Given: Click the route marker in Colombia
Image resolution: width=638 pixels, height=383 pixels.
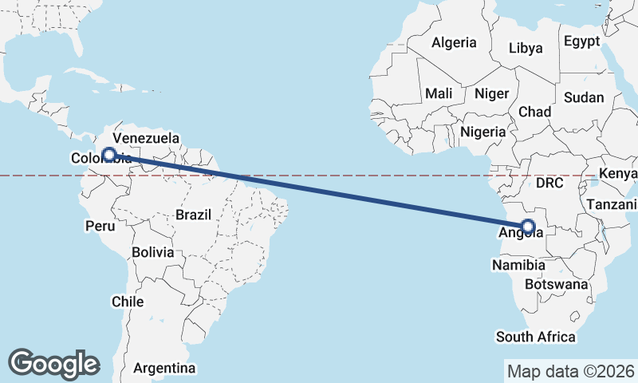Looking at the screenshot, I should coord(110,155).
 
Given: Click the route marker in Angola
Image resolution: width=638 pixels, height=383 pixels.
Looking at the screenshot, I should coord(527,226).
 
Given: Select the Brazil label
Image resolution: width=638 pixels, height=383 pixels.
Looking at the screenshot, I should coord(193,215).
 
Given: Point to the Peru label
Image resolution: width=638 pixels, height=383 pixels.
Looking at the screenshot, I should coord(100,227).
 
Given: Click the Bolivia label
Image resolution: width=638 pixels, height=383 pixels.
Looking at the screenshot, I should coord(152,252).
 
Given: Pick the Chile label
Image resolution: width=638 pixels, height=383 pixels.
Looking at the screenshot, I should coord(128,302).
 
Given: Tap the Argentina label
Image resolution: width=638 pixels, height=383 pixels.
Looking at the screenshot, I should coord(164,369).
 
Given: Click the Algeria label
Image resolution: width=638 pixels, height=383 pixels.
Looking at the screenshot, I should coord(454,42).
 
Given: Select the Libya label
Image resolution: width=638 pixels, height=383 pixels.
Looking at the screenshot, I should coord(526,48).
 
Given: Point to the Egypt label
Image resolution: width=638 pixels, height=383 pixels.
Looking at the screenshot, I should coord(582,41).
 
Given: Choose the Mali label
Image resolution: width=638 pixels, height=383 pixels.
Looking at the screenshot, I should coord(439,93).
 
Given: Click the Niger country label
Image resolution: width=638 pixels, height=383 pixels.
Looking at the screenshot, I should coord(491,93).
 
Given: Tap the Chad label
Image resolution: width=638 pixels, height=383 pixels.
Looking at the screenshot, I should coord(534,112).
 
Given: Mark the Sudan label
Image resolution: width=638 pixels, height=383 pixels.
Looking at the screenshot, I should coord(584,97).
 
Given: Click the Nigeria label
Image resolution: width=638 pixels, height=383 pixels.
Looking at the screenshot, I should coord(483,132).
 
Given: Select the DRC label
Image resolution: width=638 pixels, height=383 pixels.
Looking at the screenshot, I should coord(549,183).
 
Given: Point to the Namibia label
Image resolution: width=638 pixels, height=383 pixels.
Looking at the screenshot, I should coord(518,265).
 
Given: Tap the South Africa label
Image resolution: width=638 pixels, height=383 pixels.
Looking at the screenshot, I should coord(535,337).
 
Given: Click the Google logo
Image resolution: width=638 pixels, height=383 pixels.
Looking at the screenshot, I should coord(53,363).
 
